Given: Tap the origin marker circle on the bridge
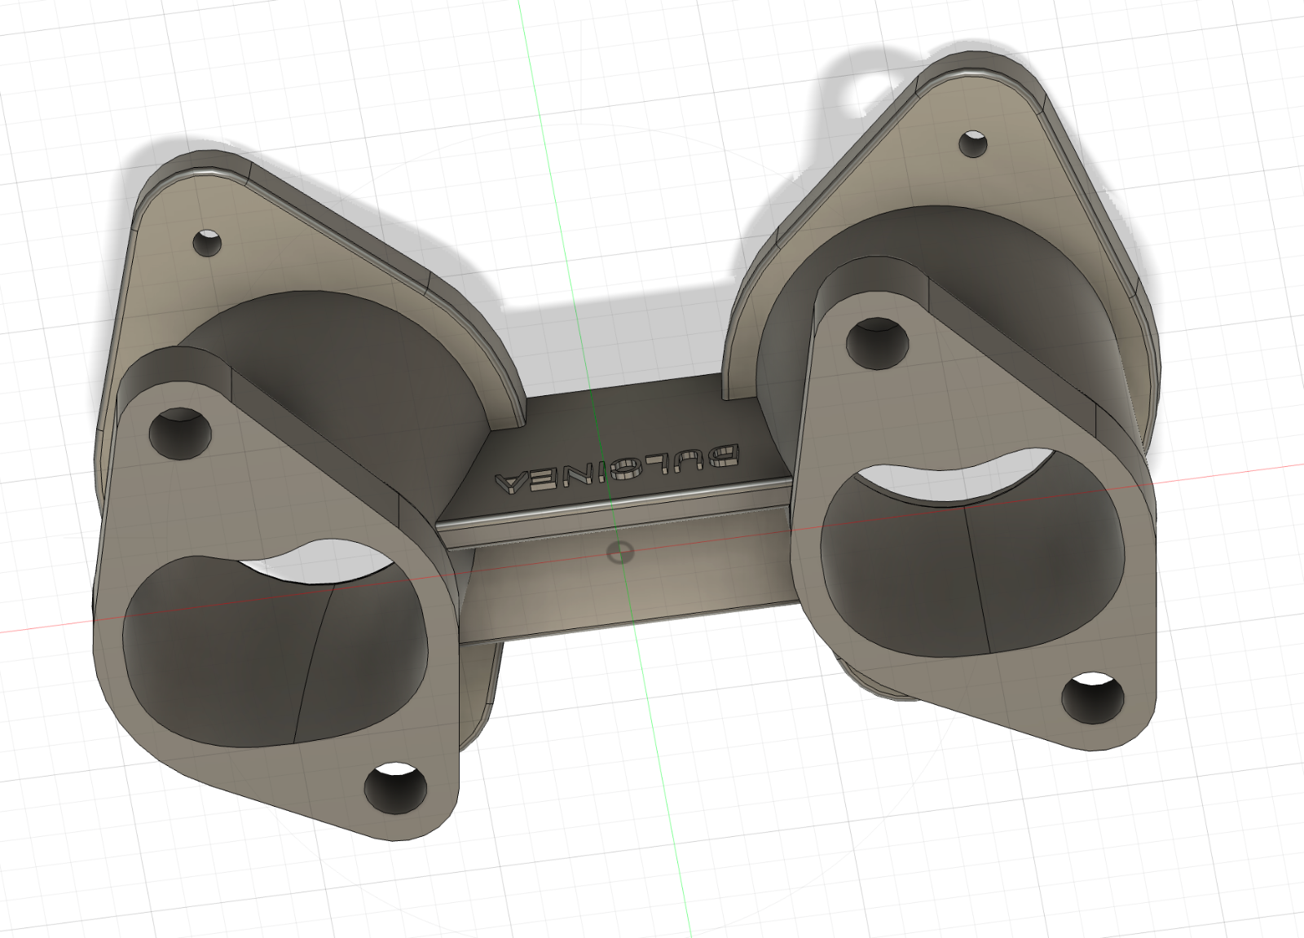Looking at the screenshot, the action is click(x=620, y=552).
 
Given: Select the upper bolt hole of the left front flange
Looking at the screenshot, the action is click(x=180, y=434).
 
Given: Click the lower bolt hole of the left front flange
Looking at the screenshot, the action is click(x=395, y=788).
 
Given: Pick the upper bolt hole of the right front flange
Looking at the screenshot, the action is click(x=877, y=343).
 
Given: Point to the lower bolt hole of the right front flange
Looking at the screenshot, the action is click(x=1093, y=698).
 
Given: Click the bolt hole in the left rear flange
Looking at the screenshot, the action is click(x=207, y=243).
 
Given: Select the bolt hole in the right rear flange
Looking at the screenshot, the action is click(x=973, y=143).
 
